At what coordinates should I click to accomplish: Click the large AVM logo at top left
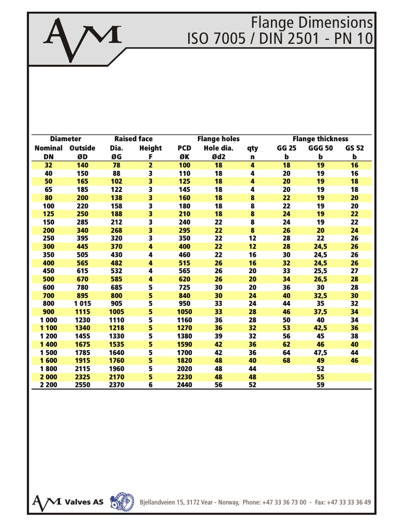point(82,39)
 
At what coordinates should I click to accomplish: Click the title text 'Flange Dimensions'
point(312,23)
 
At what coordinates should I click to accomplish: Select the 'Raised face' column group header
point(133,139)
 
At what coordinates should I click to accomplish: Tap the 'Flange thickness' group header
point(320,139)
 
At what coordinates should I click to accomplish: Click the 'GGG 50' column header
point(320,148)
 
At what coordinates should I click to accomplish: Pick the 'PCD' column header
point(184,148)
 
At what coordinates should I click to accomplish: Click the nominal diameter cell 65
point(48,189)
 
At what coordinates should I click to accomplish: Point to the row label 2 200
point(48,384)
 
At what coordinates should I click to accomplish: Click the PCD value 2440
point(184,384)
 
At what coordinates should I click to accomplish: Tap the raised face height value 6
point(150,384)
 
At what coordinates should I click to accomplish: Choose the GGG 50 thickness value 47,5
point(320,352)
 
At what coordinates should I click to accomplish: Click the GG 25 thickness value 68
point(287,360)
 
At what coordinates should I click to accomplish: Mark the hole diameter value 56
point(219,384)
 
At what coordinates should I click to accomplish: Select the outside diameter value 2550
point(82,384)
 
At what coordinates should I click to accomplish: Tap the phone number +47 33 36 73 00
point(285,503)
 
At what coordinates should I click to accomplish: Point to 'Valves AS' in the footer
point(84,501)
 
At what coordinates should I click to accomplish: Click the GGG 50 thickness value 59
point(320,384)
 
